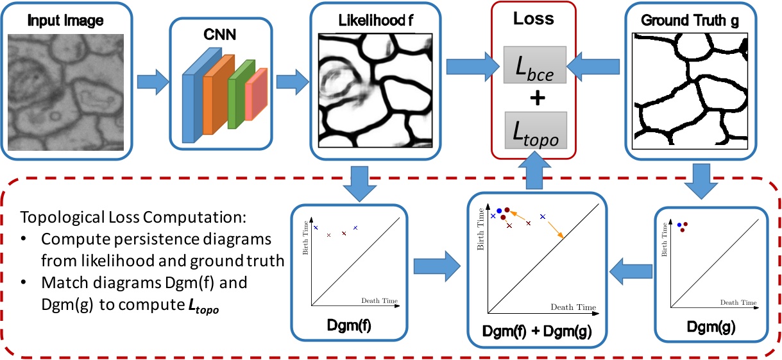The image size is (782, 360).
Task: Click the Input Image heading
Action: click(66, 21)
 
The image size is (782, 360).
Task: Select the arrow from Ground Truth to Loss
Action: click(599, 66)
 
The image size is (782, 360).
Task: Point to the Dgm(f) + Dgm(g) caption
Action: click(537, 332)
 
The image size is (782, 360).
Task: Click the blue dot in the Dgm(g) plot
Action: click(679, 224)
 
